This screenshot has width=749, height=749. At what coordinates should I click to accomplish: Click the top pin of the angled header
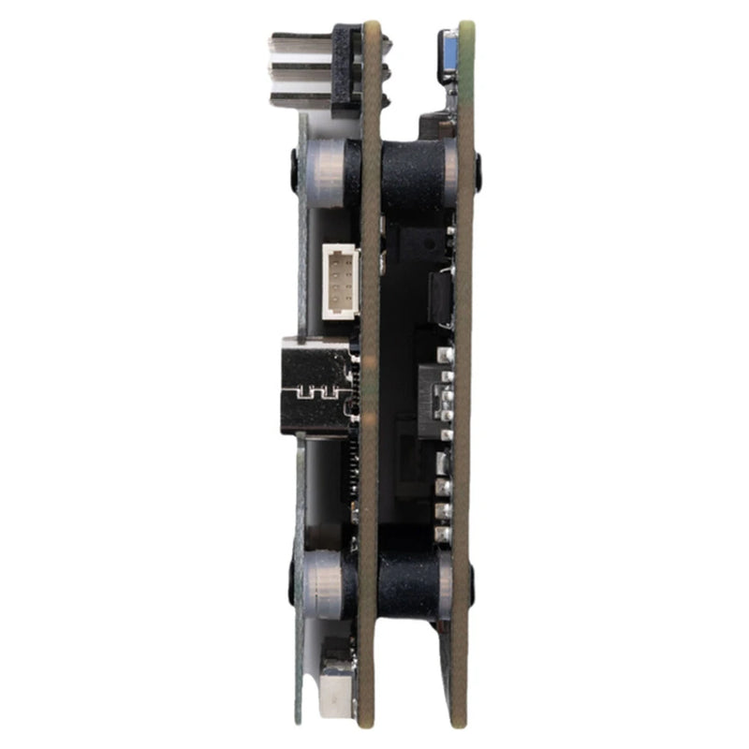[x=298, y=44]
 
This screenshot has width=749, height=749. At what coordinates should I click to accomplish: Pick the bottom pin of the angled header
[x=298, y=97]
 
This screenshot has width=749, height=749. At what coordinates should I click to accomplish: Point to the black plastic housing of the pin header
[x=344, y=66]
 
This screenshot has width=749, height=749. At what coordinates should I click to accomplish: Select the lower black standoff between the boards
[x=412, y=582]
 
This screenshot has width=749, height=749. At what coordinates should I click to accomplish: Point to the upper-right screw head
[x=478, y=170]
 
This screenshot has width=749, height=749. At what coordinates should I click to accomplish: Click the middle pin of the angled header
[x=298, y=71]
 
